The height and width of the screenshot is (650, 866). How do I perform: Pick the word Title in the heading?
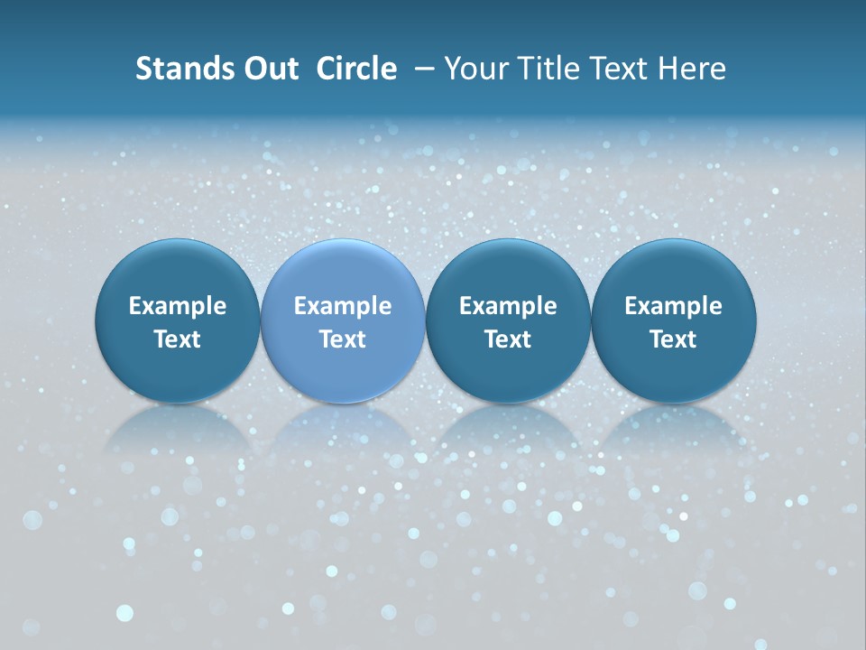pos(548,69)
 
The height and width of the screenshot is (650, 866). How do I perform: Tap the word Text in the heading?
pos(618,69)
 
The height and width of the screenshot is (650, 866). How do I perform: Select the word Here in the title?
pos(692,69)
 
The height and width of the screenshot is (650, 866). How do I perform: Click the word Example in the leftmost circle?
pos(178,306)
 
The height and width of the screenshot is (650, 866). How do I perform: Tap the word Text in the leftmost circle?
pos(178,339)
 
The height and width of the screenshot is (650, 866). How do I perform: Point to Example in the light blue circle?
pos(343,306)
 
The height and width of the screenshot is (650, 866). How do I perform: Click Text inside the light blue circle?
pos(343,339)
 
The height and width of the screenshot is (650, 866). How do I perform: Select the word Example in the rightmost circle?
pos(674,306)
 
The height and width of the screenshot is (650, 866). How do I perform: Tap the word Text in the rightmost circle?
pos(674,339)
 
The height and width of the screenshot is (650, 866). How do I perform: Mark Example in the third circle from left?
pos(508,306)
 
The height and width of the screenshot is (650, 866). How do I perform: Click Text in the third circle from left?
pos(508,339)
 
